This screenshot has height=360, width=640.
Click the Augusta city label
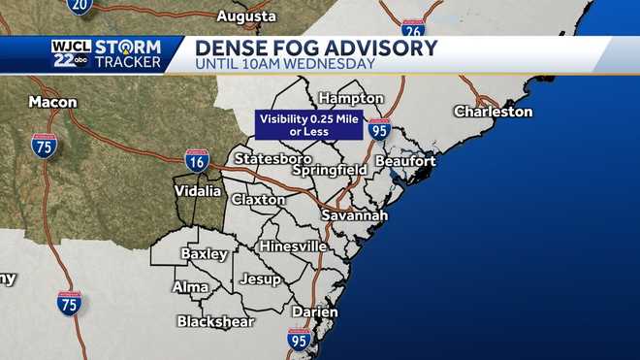246,16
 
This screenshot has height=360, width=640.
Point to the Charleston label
493,112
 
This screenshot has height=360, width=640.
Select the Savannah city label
356,214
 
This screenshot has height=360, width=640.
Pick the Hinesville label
292,246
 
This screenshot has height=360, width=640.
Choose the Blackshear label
215,321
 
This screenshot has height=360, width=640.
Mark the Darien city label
314,312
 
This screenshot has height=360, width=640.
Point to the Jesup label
260,279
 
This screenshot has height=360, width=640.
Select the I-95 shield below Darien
300,340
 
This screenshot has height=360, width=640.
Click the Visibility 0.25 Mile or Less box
308,125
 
